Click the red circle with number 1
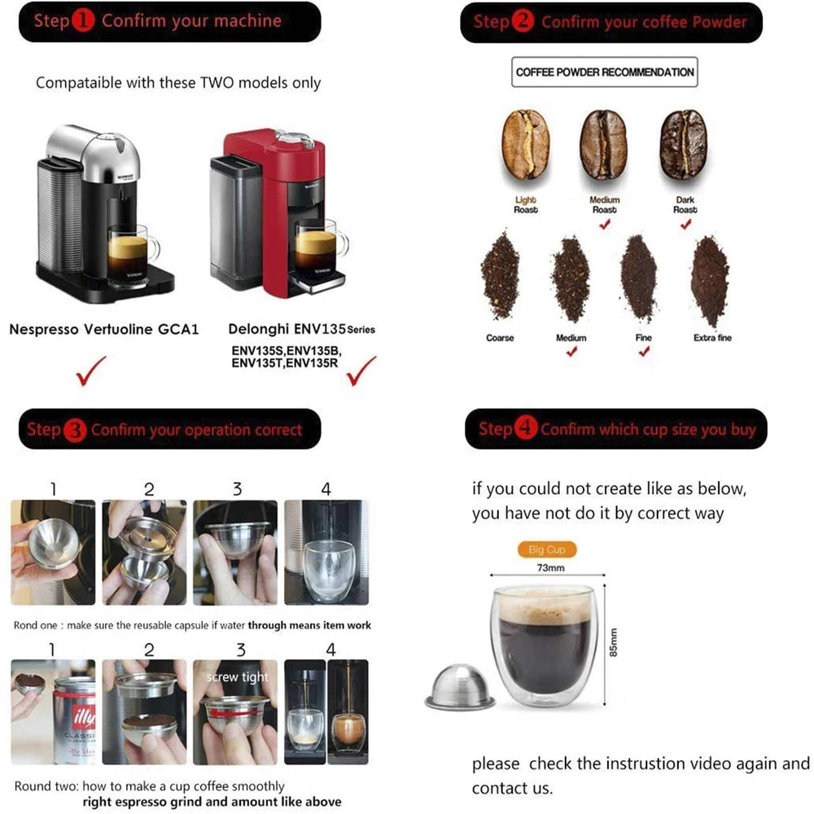point(83,21)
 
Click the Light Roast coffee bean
point(525,145)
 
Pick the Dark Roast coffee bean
point(684,145)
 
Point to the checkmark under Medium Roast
point(605,225)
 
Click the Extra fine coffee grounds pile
point(711,281)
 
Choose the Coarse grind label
point(500,338)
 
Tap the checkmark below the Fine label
point(644,352)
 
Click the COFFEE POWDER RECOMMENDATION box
point(604,72)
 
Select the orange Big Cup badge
point(547,549)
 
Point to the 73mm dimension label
point(550,568)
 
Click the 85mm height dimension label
point(614,643)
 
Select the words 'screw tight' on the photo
point(237,677)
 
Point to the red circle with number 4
point(525,429)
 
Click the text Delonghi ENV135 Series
point(302,329)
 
